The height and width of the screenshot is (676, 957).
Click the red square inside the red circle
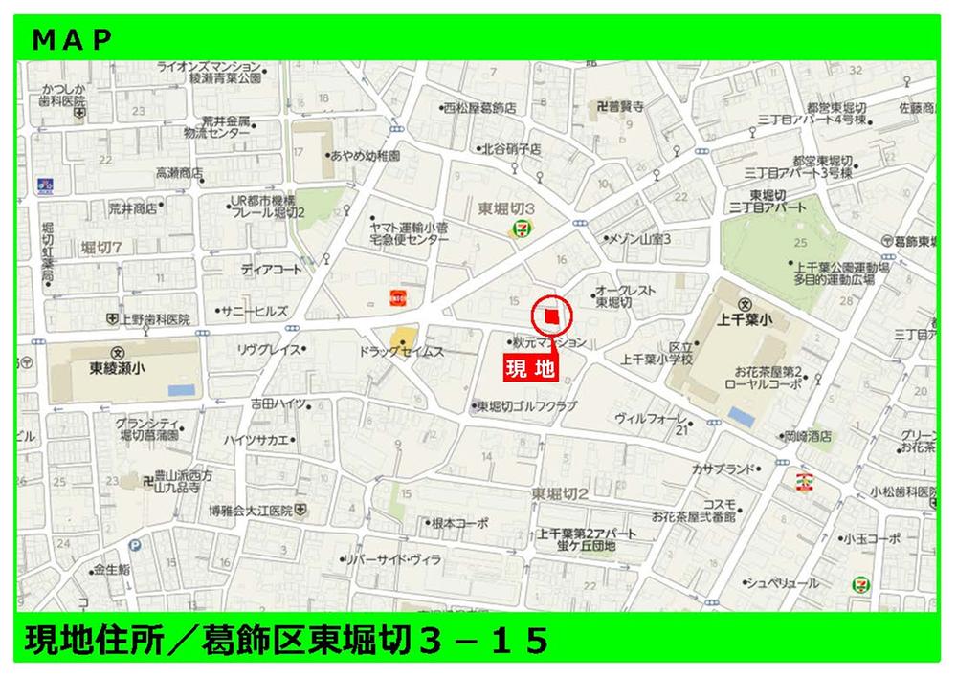tap(550, 317)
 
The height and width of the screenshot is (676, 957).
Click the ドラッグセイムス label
tap(402, 352)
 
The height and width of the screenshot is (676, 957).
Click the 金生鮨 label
tap(110, 570)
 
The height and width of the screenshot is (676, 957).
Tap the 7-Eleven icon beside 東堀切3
tap(522, 227)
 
